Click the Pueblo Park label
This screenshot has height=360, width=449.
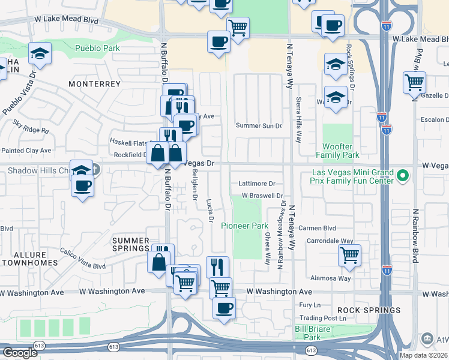point(97,49)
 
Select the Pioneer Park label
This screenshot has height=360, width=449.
point(244,226)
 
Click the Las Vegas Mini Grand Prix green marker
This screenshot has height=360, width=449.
point(403,176)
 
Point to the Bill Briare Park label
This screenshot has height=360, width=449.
point(316,333)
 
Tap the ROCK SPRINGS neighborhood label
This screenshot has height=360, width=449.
point(369,310)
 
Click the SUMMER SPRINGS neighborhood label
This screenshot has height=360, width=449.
point(130,244)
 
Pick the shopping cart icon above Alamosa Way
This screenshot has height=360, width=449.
point(349,255)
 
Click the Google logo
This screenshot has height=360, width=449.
point(20,353)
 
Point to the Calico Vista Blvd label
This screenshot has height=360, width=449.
point(82,257)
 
